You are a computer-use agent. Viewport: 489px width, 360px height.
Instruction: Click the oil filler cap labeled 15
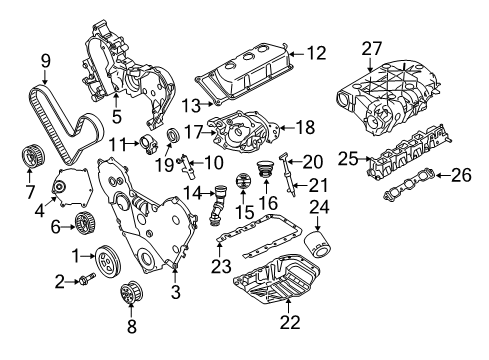[x=240, y=185]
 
